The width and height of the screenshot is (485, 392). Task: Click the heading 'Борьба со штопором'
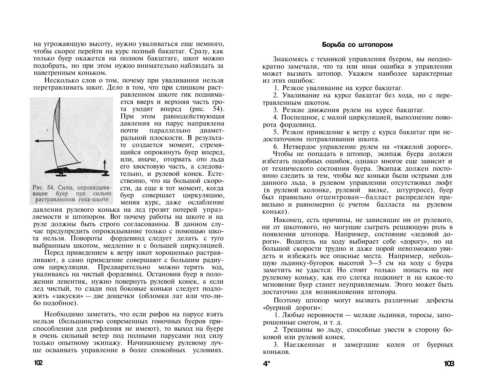pos(357,45)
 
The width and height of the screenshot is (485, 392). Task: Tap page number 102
pos(38,363)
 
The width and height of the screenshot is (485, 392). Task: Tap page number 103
pos(449,364)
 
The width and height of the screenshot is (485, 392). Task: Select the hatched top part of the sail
pos(57,114)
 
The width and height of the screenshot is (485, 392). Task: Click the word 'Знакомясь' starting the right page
pos(288,59)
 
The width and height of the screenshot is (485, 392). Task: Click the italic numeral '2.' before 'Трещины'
pos(277,330)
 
